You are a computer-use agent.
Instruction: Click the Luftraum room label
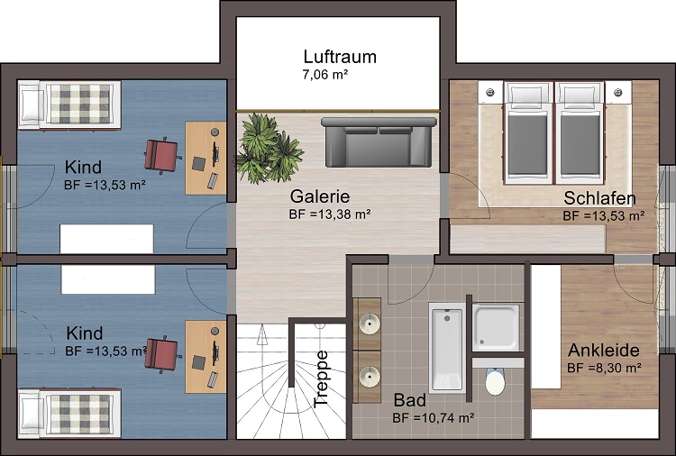pyautogui.click(x=340, y=57)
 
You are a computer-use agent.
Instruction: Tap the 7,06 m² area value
pyautogui.click(x=325, y=75)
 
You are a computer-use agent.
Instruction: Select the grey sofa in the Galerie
pyautogui.click(x=376, y=141)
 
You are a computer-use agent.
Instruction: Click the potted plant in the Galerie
pyautogui.click(x=269, y=149)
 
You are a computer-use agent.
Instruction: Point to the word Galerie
pyautogui.click(x=319, y=196)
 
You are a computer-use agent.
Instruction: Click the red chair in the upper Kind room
pyautogui.click(x=161, y=155)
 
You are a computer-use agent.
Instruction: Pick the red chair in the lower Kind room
pyautogui.click(x=161, y=354)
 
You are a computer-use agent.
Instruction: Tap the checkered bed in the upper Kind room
pyautogui.click(x=69, y=105)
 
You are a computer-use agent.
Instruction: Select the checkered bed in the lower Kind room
pyautogui.click(x=69, y=414)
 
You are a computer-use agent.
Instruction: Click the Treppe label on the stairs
pyautogui.click(x=322, y=379)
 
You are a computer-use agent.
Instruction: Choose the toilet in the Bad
pyautogui.click(x=495, y=381)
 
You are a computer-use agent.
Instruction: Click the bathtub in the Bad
pyautogui.click(x=447, y=348)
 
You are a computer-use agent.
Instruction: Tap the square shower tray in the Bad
pyautogui.click(x=497, y=327)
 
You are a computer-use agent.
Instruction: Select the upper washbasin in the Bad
pyautogui.click(x=370, y=324)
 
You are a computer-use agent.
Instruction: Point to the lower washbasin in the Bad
pyautogui.click(x=370, y=377)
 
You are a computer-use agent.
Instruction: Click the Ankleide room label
pyautogui.click(x=604, y=351)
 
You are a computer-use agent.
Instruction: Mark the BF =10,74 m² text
pyautogui.click(x=434, y=417)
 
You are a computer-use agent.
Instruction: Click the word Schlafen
pyautogui.click(x=599, y=198)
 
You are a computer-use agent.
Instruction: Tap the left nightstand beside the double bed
pyautogui.click(x=490, y=92)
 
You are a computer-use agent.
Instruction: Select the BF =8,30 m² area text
pyautogui.click(x=605, y=368)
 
